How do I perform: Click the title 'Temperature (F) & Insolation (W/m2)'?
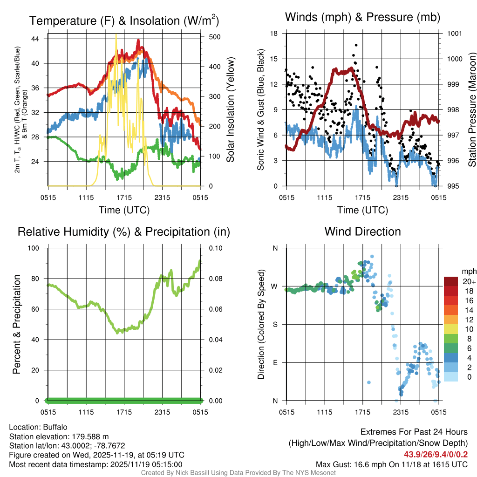pyautogui.click(x=124, y=20)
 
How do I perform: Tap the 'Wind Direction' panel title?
pyautogui.click(x=362, y=232)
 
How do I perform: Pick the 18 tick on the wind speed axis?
pyautogui.click(x=274, y=34)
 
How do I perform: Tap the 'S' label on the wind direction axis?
pyautogui.click(x=275, y=324)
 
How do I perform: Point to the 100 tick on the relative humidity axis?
pyautogui.click(x=36, y=248)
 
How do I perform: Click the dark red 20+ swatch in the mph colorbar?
pyautogui.click(x=451, y=281)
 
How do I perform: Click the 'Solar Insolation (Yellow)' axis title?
pyautogui.click(x=230, y=110)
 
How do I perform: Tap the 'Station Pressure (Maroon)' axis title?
pyautogui.click(x=471, y=110)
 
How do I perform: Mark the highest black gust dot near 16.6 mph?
pyautogui.click(x=356, y=45)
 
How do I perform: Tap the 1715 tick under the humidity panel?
pyautogui.click(x=124, y=412)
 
